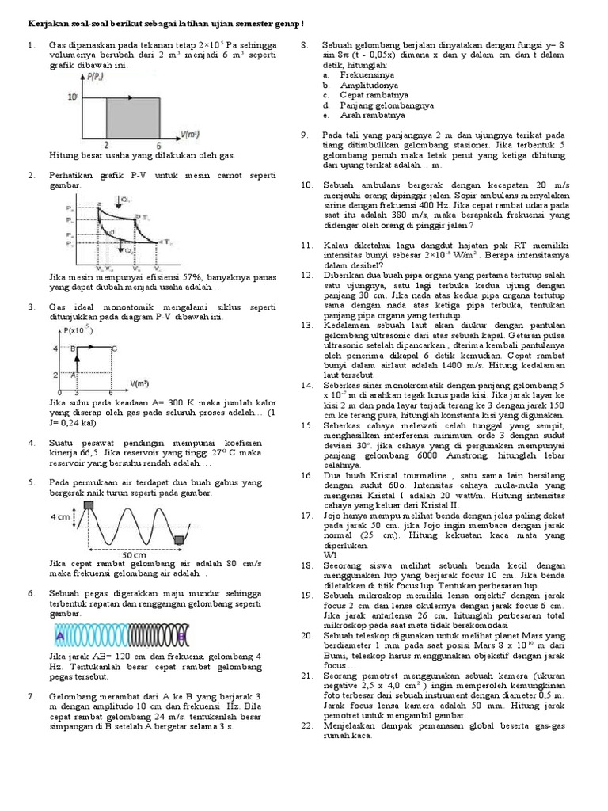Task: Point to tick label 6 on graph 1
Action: pyautogui.click(x=160, y=145)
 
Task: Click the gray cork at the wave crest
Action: pyautogui.click(x=89, y=506)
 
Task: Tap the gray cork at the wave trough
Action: pyautogui.click(x=178, y=539)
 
